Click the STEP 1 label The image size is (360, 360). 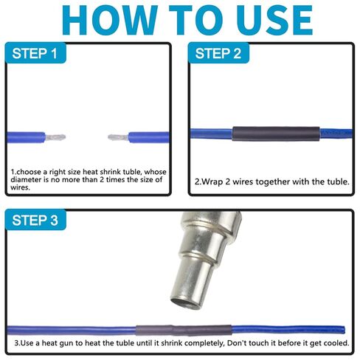tap(35, 53)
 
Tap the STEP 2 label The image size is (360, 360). tap(218, 53)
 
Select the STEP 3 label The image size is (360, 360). tap(35, 220)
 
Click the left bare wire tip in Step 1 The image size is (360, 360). tap(55, 137)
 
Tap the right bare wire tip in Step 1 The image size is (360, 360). tap(118, 137)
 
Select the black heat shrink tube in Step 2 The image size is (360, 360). tap(276, 134)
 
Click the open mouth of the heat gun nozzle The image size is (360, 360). tap(186, 302)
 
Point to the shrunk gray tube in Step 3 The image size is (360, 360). tap(184, 330)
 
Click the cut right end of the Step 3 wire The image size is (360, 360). tap(344, 330)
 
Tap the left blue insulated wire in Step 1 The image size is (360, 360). tap(26, 137)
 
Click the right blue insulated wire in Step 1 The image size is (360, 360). tap(149, 137)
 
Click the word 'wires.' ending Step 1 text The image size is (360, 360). tap(20, 187)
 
